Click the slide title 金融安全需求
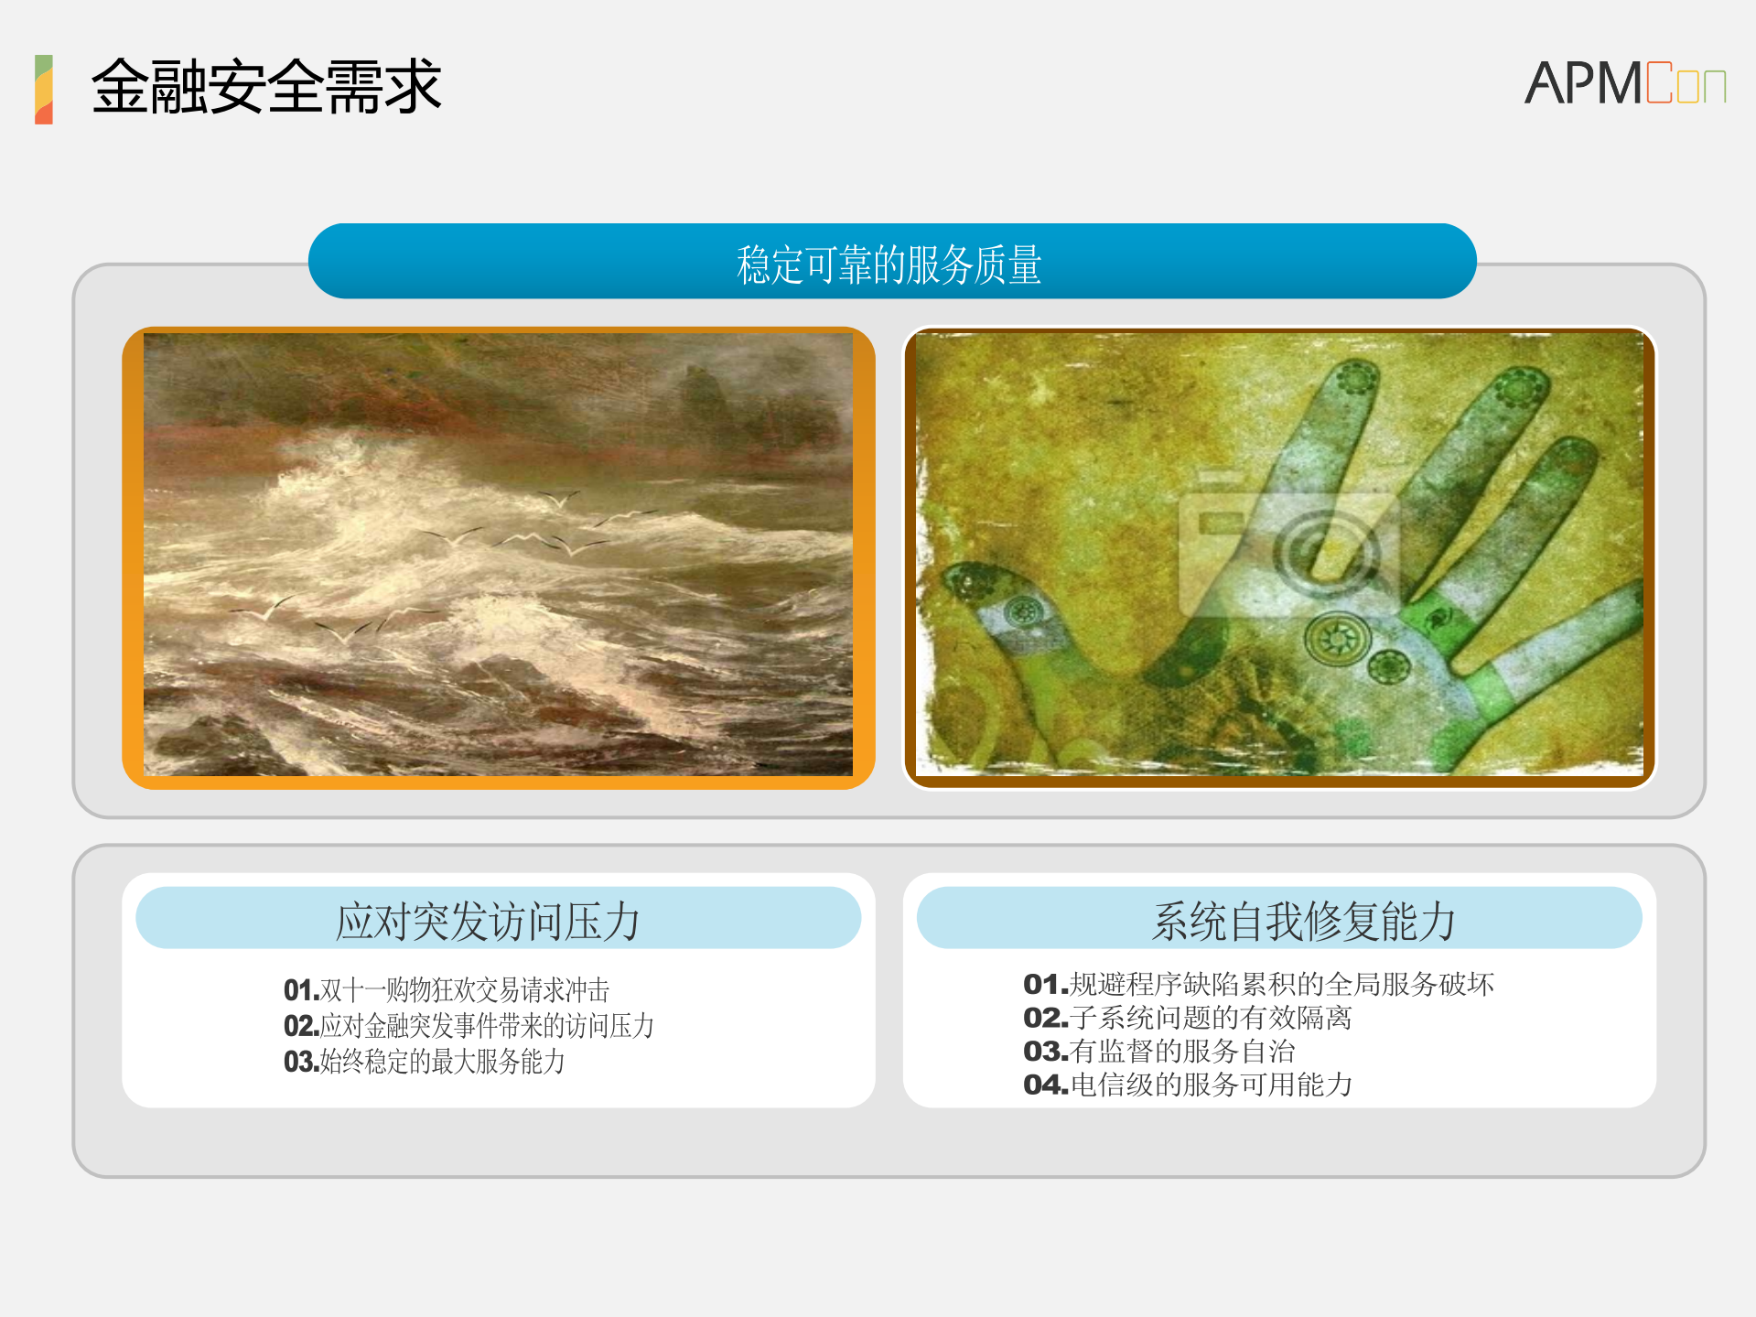[x=265, y=87]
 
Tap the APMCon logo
[x=1624, y=83]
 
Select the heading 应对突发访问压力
[x=488, y=920]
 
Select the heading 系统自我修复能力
[x=1303, y=920]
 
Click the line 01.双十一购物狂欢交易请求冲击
[x=447, y=989]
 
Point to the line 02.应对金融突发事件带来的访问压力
[x=469, y=1025]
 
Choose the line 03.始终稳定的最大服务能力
[x=425, y=1061]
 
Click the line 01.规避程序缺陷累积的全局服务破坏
[x=1258, y=984]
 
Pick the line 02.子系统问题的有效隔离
[x=1187, y=1017]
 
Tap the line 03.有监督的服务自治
[x=1158, y=1051]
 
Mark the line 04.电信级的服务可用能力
[x=1187, y=1085]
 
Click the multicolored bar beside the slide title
[x=44, y=90]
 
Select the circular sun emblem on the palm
[x=1337, y=638]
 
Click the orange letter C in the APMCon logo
[x=1658, y=83]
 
